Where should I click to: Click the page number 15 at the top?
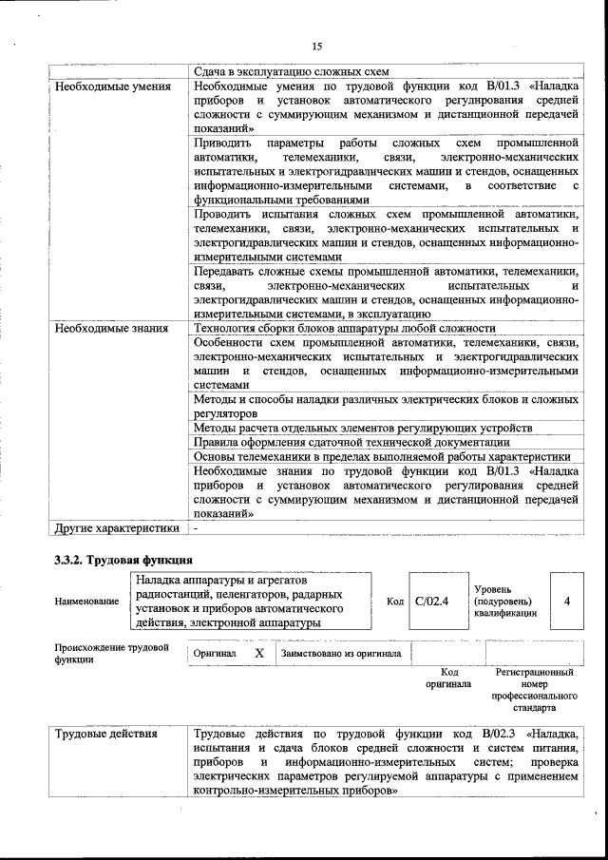pos(316,45)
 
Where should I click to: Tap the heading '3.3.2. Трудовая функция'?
pos(123,560)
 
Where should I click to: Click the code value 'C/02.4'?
pos(431,601)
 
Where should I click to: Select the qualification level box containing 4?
pos(566,601)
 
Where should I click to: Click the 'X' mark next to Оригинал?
pos(258,654)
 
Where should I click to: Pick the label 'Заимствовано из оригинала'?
pos(340,654)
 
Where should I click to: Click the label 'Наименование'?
pos(86,602)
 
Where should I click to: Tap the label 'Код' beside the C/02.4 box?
pos(394,602)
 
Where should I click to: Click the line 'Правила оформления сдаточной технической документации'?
pos(351,442)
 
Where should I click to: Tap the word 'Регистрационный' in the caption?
pos(534,672)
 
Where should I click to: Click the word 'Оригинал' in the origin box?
pos(215,654)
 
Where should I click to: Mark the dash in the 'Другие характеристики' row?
pos(196,527)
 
